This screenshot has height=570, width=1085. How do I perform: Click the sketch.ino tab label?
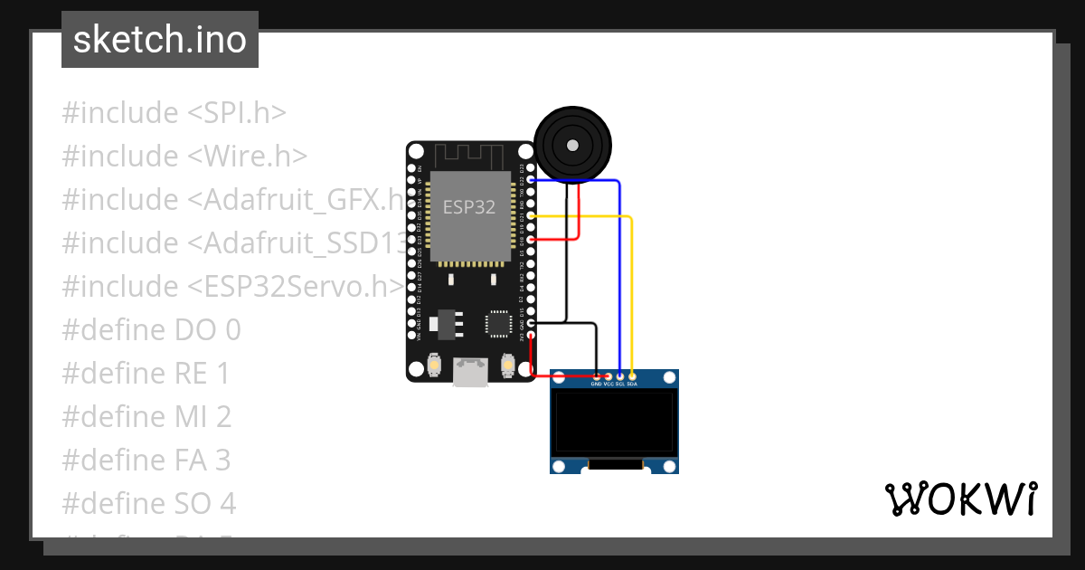pos(160,40)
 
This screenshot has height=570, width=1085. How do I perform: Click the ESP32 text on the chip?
pos(468,207)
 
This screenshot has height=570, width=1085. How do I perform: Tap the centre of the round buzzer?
pos(571,145)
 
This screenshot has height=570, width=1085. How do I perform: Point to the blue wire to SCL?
pos(619,271)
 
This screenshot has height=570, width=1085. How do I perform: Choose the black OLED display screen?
pos(615,422)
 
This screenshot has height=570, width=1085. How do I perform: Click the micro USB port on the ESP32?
pos(470,371)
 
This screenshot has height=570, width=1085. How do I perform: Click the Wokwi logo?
pos(960,499)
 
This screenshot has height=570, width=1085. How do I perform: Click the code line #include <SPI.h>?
pos(175,113)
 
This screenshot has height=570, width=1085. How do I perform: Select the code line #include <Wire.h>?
pos(184,157)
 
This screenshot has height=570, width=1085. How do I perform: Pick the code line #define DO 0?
pos(151,329)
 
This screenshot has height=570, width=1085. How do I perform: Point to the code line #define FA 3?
pos(146,461)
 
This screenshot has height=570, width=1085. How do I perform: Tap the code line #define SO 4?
pos(148,503)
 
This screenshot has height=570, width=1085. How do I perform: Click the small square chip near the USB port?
pos(497,323)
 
